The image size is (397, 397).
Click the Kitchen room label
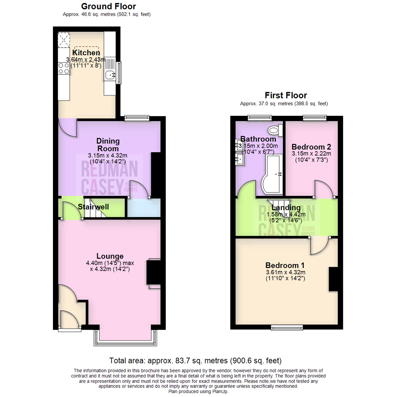point(86,53)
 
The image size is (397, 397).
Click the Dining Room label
point(108,145)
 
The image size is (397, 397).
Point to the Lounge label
point(110,256)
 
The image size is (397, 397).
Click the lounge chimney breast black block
point(154,272)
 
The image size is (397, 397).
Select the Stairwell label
point(93,207)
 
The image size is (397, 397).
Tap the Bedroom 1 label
point(285,265)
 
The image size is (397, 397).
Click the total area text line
point(196,360)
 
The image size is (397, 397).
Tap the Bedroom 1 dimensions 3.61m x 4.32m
point(285,272)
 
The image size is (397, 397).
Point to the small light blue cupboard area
point(143,208)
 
